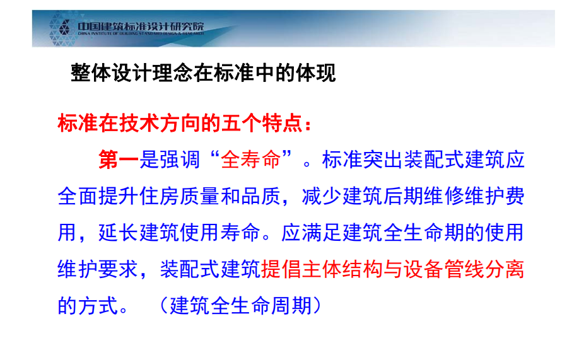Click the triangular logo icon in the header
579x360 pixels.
point(64,27)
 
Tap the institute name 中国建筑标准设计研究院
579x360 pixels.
point(141,26)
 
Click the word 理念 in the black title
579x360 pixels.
point(173,73)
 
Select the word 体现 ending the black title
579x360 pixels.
point(316,73)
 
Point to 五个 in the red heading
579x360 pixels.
point(242,123)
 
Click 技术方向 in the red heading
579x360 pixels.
point(160,123)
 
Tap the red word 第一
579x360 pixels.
point(119,160)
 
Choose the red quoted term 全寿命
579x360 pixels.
point(251,160)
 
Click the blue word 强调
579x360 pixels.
point(180,160)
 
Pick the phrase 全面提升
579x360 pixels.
point(98,195)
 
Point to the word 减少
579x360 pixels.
point(322,195)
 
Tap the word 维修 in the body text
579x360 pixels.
point(444,195)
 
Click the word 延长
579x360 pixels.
point(119,233)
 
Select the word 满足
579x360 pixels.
point(322,233)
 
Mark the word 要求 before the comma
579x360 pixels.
point(119,269)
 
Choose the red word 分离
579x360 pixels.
point(505,269)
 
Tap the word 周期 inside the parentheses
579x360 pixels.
point(292,306)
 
